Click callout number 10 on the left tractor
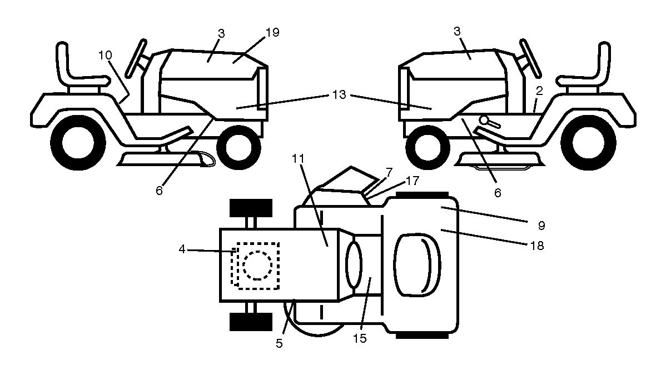105,55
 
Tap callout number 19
272,33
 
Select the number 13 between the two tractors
339,94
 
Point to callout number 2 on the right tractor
539,91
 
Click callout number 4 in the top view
182,249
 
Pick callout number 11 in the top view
298,159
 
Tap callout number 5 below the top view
279,343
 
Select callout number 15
359,338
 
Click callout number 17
412,181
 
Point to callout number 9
541,226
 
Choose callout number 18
537,246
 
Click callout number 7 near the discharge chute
389,172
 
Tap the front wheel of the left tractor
238,147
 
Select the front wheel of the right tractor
428,147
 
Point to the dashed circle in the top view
257,265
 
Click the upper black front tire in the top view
251,207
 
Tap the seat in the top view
417,264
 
